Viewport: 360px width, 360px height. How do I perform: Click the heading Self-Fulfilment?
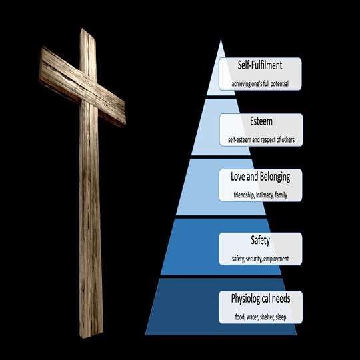(260, 65)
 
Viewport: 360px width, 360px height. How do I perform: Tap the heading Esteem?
(261, 121)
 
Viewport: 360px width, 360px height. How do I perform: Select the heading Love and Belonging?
(261, 177)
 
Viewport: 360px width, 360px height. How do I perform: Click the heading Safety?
(261, 241)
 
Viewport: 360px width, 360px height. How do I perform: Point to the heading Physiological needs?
(261, 299)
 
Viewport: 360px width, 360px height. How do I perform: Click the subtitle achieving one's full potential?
(260, 84)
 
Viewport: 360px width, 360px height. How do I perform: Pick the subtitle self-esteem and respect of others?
(261, 139)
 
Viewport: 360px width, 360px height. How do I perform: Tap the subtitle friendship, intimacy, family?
(261, 195)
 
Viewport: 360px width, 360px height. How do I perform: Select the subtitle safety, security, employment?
(261, 259)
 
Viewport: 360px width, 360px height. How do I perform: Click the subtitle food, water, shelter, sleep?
(261, 317)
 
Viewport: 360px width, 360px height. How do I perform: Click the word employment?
(276, 259)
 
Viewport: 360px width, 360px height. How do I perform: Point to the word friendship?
(244, 195)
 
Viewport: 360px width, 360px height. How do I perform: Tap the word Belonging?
(275, 177)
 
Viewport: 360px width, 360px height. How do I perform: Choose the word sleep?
(281, 317)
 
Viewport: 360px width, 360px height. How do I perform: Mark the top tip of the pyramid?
(221, 39)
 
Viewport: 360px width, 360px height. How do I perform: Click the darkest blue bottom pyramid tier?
(221, 307)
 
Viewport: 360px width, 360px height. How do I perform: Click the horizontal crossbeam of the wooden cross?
(82, 87)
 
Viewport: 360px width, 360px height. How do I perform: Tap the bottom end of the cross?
(91, 337)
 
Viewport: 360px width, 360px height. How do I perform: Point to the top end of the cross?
(87, 31)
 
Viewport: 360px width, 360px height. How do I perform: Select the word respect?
(268, 140)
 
